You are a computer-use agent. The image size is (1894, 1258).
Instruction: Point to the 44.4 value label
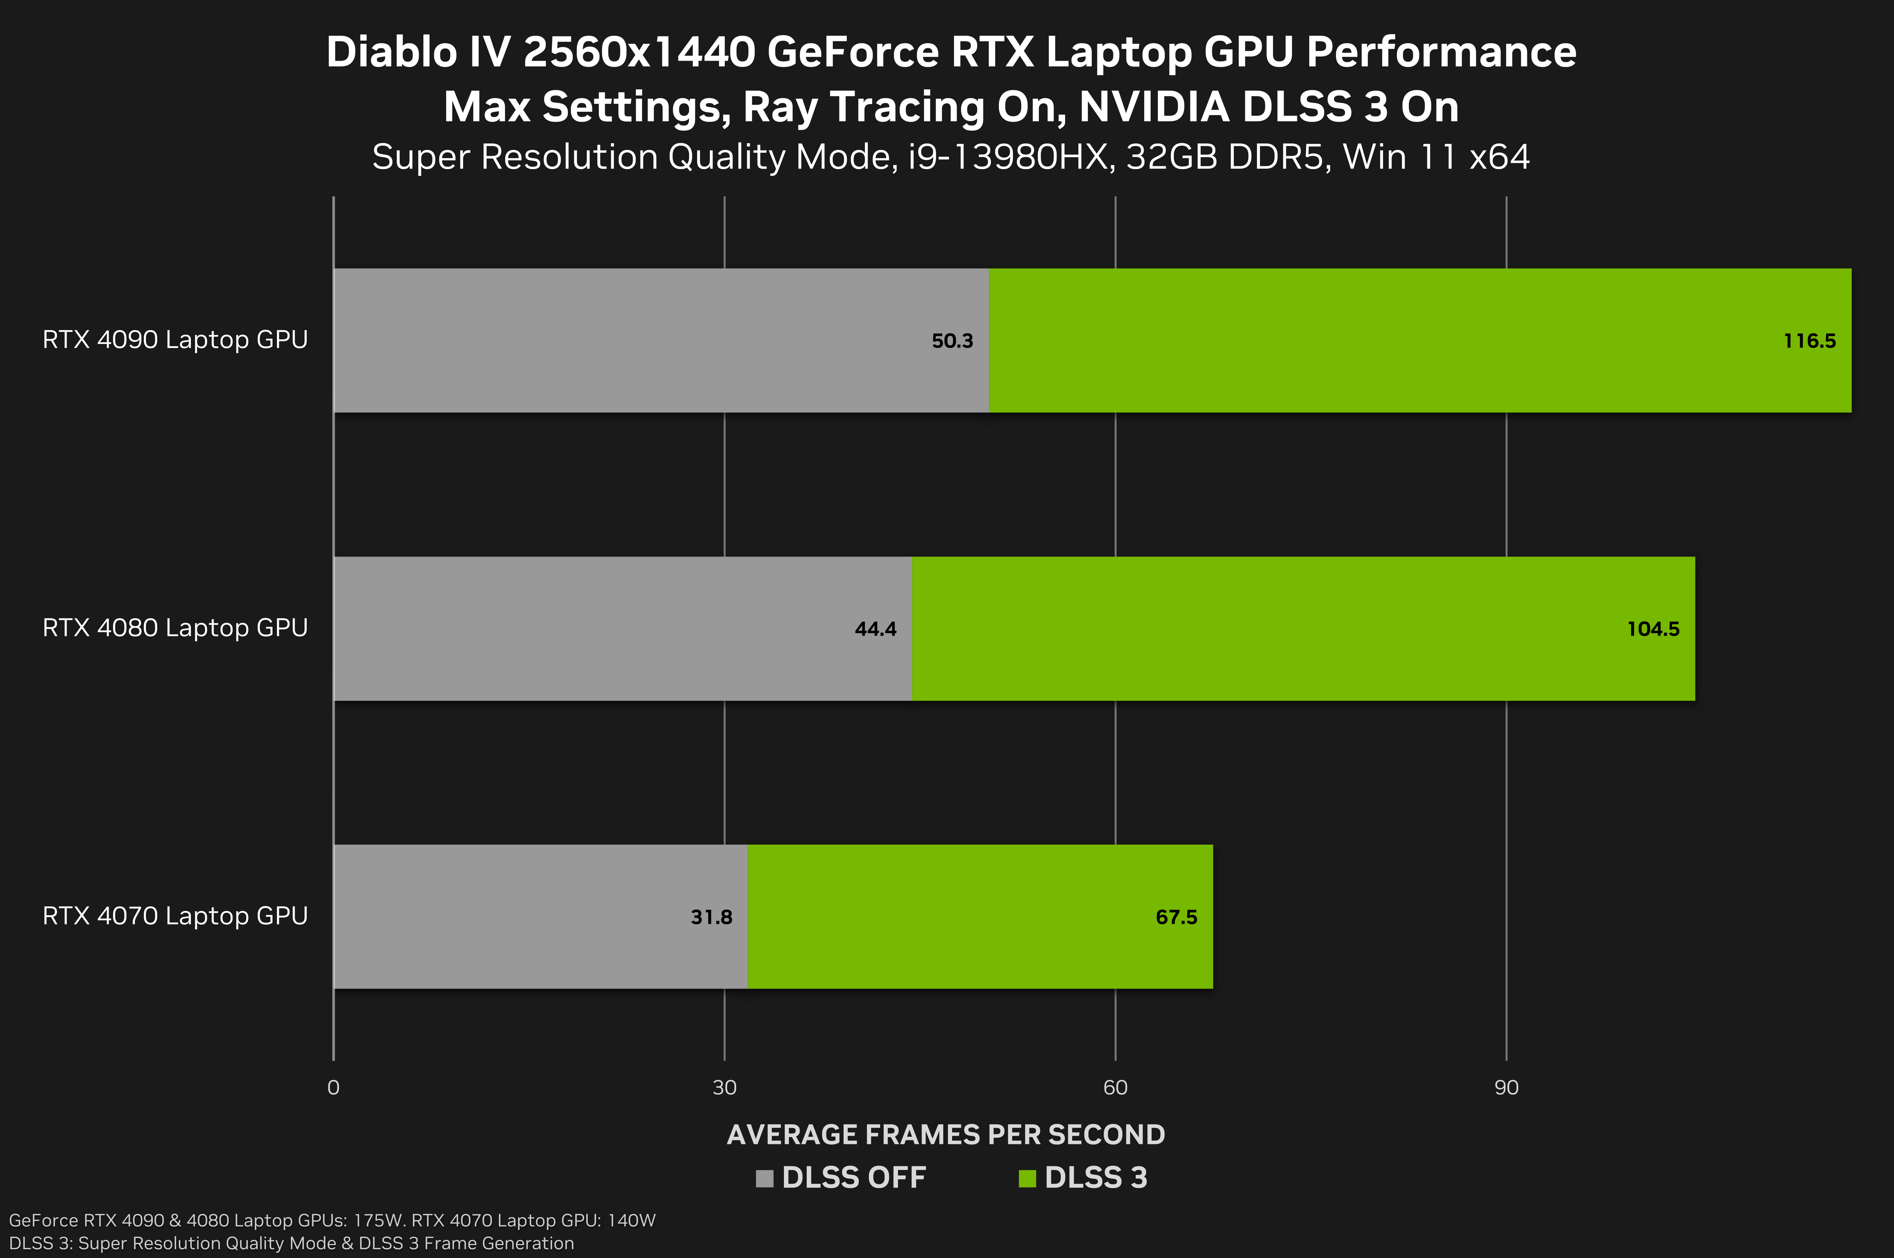coord(875,629)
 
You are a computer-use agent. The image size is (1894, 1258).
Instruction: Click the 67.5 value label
coord(1176,917)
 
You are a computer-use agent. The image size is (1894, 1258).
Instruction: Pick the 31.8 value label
coord(712,917)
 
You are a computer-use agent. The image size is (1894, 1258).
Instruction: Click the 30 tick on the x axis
coord(725,1088)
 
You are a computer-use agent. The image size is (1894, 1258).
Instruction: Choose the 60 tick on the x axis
coord(1115,1088)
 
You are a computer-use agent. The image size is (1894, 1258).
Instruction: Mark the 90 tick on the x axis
coord(1506,1088)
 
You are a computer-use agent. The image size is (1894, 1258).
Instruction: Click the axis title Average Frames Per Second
coord(946,1135)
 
